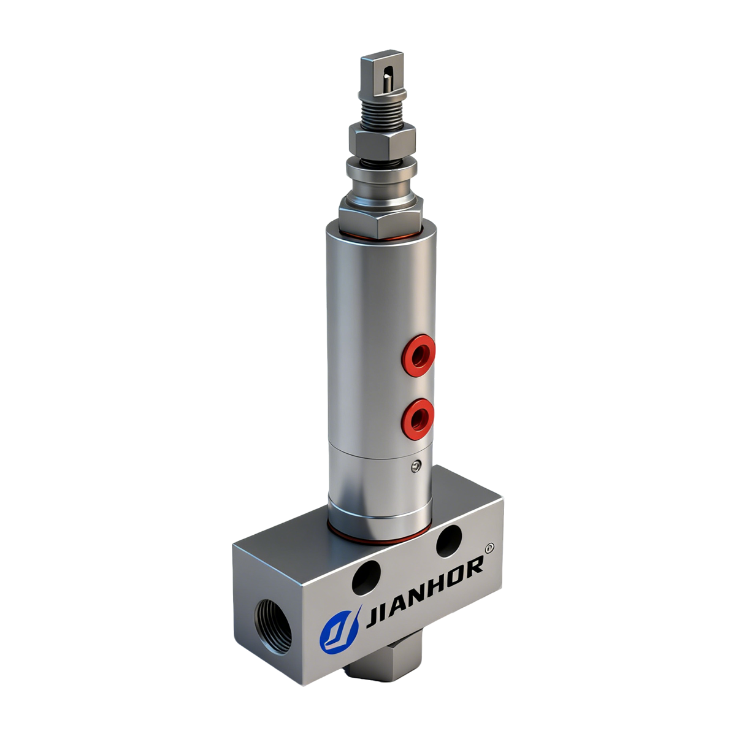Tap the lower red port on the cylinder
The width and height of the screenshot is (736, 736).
pyautogui.click(x=418, y=418)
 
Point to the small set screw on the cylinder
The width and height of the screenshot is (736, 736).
pyautogui.click(x=417, y=467)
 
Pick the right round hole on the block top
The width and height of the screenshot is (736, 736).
pyautogui.click(x=451, y=540)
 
